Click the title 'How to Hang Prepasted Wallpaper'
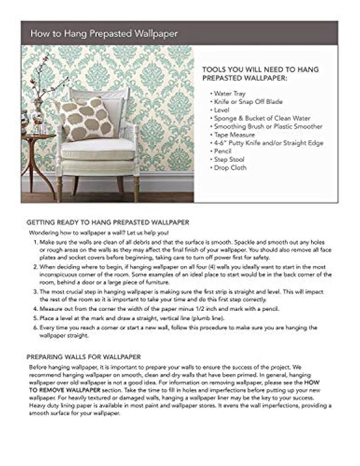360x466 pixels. point(103,33)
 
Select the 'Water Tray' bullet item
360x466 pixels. point(229,94)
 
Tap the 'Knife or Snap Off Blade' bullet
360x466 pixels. point(248,102)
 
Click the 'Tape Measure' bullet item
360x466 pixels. point(234,135)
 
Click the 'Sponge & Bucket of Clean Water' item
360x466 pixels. point(262,118)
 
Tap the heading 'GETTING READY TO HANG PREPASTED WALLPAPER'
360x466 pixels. point(108,222)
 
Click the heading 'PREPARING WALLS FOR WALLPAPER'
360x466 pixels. point(84,357)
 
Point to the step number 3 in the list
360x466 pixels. point(36,292)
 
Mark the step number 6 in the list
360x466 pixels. point(36,328)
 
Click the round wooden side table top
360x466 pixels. point(38,136)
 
